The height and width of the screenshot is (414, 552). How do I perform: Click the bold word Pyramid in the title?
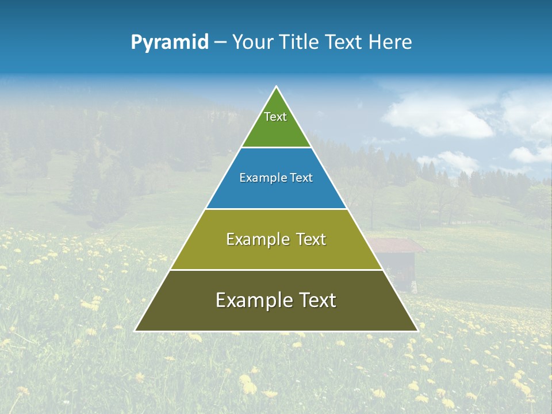[170, 42]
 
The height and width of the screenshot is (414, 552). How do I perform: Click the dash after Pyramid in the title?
[220, 43]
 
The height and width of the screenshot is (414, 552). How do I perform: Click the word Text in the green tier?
[275, 117]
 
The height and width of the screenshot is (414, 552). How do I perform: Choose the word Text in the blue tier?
[301, 178]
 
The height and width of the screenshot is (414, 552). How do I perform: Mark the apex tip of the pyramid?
[276, 87]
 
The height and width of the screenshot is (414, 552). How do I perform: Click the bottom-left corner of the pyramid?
[135, 331]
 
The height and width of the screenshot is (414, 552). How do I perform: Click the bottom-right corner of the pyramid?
[417, 331]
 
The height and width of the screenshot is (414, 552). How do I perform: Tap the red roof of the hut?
[397, 246]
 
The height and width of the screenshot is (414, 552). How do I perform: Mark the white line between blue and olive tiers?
[276, 209]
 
